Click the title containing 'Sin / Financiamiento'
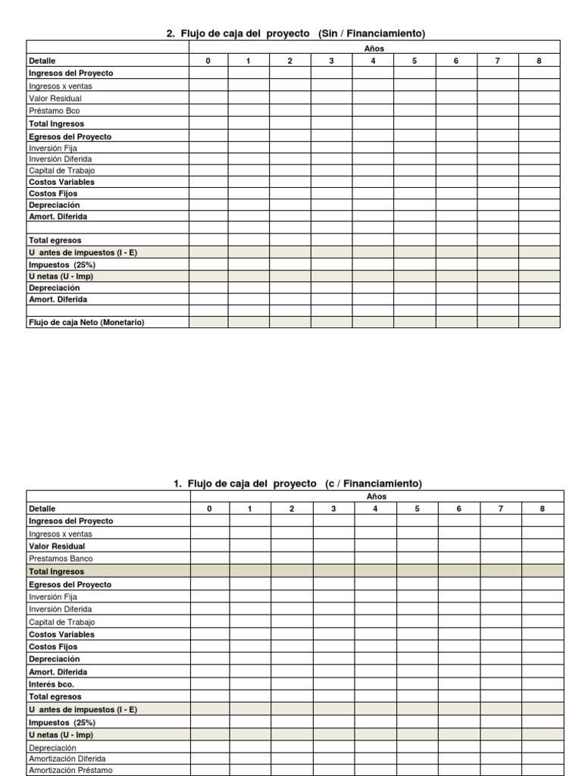[x=296, y=33]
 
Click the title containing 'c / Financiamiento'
[x=298, y=483]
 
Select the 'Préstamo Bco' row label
[x=54, y=111]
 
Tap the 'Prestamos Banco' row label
[x=61, y=559]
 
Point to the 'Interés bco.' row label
[x=52, y=684]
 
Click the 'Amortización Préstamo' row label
[x=70, y=771]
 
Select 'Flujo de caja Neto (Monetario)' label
[x=86, y=322]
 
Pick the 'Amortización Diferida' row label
[x=67, y=759]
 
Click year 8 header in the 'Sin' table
[x=539, y=61]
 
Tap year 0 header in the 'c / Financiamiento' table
[x=210, y=509]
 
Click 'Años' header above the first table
[x=374, y=48]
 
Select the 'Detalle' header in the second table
[x=42, y=509]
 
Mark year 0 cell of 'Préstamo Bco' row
[x=208, y=111]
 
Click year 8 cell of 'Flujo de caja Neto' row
[x=539, y=322]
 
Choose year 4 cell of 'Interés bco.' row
[x=375, y=684]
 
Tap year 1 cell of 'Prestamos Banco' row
[x=251, y=559]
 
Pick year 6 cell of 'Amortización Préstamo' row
[x=458, y=771]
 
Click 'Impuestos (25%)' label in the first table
[x=62, y=265]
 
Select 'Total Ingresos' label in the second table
[x=57, y=571]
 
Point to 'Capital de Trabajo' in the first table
[x=62, y=171]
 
